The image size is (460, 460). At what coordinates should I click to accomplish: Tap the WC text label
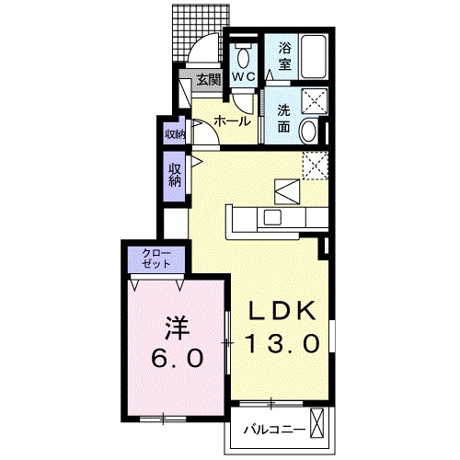[x=243, y=78]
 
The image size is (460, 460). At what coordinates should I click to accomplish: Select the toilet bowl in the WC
[x=243, y=52]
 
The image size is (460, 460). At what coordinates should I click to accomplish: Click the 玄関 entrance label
[x=208, y=80]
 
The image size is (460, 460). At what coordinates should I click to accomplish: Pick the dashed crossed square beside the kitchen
[x=316, y=165]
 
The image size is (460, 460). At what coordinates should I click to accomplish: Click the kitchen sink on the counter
[x=273, y=217]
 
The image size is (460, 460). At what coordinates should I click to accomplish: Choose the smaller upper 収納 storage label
[x=175, y=135]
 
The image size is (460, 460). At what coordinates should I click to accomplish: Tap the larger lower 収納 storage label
[x=175, y=175]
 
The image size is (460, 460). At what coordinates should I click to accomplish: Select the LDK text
[x=282, y=311]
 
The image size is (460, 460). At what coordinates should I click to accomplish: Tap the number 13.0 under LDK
[x=282, y=344]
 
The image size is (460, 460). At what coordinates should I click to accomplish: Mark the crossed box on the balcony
[x=318, y=424]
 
